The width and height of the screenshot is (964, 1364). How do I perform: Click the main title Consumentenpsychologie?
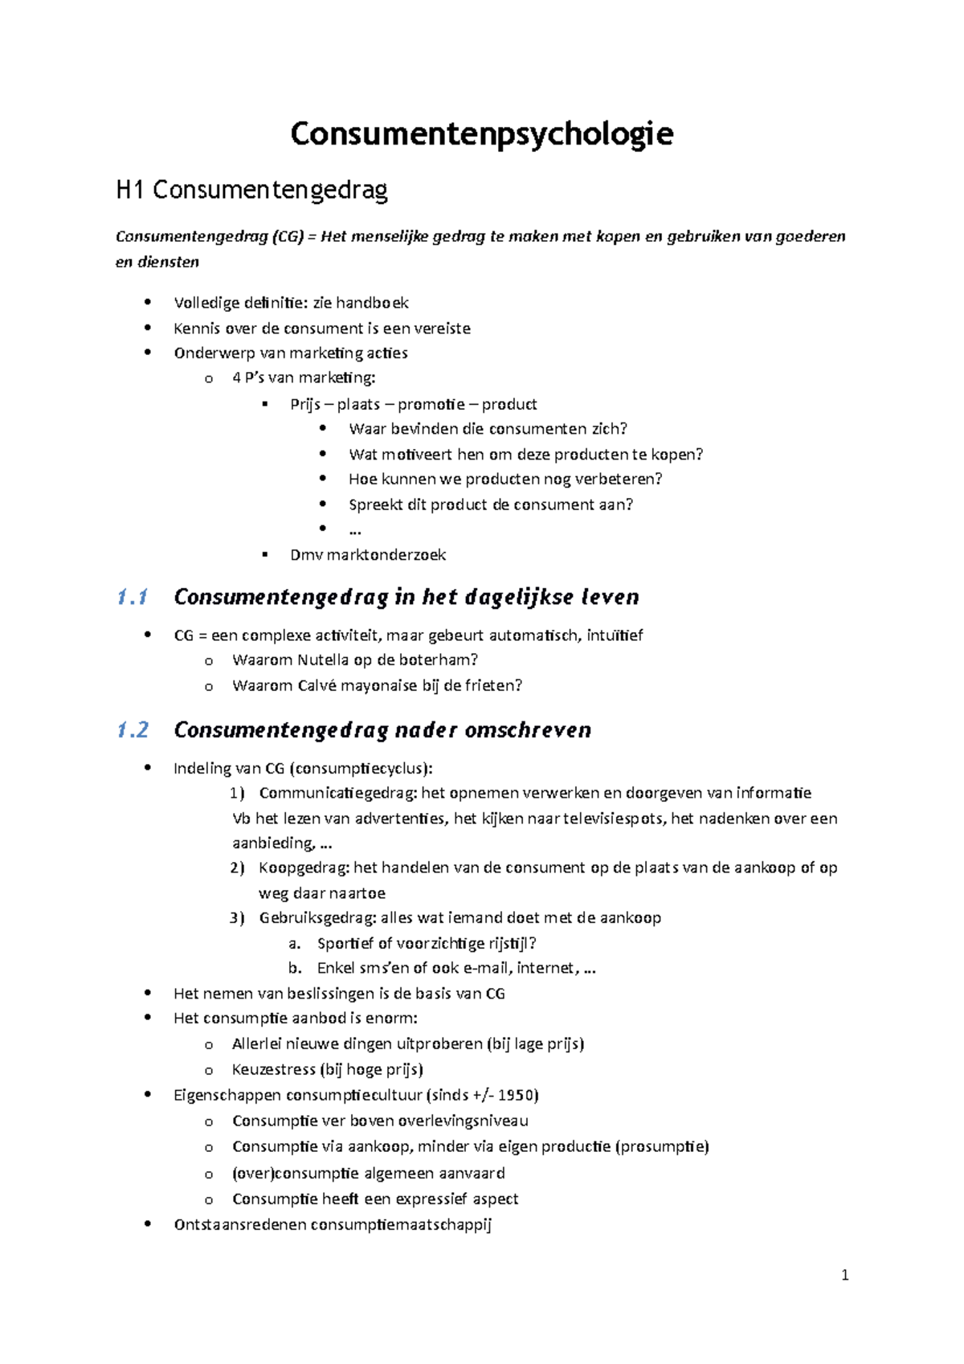(481, 134)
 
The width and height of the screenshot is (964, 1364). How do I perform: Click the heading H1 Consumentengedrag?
(251, 190)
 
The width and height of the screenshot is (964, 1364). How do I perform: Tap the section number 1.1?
(132, 597)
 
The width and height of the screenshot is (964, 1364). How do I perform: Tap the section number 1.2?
(133, 730)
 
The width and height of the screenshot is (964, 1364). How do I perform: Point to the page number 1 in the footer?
(844, 1275)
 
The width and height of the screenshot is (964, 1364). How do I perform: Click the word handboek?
(372, 303)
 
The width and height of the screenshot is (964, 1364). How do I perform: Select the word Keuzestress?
(274, 1070)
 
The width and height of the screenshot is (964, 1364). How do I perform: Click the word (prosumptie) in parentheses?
(662, 1147)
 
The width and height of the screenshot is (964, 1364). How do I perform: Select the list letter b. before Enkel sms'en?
(295, 968)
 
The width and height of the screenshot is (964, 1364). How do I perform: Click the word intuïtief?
(615, 635)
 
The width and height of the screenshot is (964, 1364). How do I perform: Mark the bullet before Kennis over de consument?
(147, 328)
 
